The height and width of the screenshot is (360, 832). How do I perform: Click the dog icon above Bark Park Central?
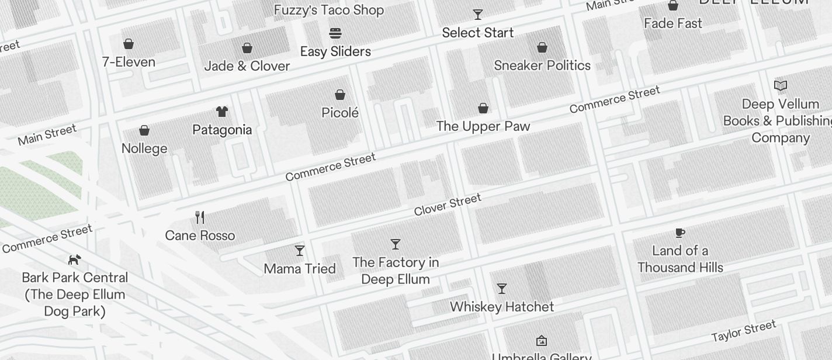coord(74,259)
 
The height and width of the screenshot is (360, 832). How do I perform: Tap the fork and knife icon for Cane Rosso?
coord(200,217)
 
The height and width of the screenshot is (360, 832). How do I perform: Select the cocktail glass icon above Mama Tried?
coord(300,251)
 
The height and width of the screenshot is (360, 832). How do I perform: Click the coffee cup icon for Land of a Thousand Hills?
coord(680,233)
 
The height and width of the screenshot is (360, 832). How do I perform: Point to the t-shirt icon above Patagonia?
coord(222,111)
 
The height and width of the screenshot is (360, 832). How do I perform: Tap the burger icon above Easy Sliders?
coord(335,33)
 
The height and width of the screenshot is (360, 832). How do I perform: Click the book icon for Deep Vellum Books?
coord(781,85)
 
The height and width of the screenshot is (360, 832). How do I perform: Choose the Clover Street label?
coord(448,205)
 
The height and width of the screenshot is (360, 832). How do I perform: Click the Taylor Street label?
coord(744,331)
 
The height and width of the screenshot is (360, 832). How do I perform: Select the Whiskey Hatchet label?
coord(502,307)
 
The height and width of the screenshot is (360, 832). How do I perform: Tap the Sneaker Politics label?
coord(542,65)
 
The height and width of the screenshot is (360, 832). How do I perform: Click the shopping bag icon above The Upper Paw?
coord(483,108)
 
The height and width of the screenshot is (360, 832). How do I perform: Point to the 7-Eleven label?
coord(129,62)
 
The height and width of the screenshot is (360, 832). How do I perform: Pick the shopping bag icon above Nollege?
coord(144,130)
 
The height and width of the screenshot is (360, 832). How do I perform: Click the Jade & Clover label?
coord(247,66)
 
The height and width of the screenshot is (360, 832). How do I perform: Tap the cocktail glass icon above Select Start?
coord(478,15)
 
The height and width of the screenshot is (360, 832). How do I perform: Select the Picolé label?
coord(340,113)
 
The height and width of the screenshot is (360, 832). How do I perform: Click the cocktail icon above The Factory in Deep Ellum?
coord(396,244)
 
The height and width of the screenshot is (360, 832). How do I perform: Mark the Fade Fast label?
coord(673,23)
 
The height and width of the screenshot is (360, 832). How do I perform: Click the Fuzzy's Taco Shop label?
coord(329,10)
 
